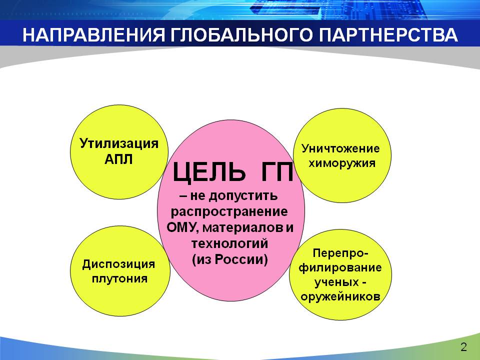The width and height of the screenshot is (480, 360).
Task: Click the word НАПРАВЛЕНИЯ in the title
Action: click(x=93, y=34)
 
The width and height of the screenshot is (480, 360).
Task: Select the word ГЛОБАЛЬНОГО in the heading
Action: click(x=241, y=34)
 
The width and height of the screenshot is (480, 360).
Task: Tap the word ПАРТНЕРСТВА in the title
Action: click(x=388, y=34)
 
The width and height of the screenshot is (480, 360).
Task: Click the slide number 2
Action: click(x=464, y=347)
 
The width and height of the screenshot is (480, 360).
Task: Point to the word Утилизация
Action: click(x=119, y=143)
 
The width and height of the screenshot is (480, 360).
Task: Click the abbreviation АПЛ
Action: click(x=119, y=159)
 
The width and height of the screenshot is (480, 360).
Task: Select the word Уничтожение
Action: click(x=340, y=148)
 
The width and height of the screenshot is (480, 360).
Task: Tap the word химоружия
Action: click(x=342, y=163)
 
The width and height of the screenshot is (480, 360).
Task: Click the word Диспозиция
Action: click(x=118, y=264)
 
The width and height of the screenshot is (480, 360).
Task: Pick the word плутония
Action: click(x=119, y=279)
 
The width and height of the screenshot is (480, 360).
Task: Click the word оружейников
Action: click(x=340, y=296)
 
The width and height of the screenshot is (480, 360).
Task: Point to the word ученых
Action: click(x=336, y=282)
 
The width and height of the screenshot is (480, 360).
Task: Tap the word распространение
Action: click(x=229, y=212)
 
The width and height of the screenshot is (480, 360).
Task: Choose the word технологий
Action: click(x=230, y=243)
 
